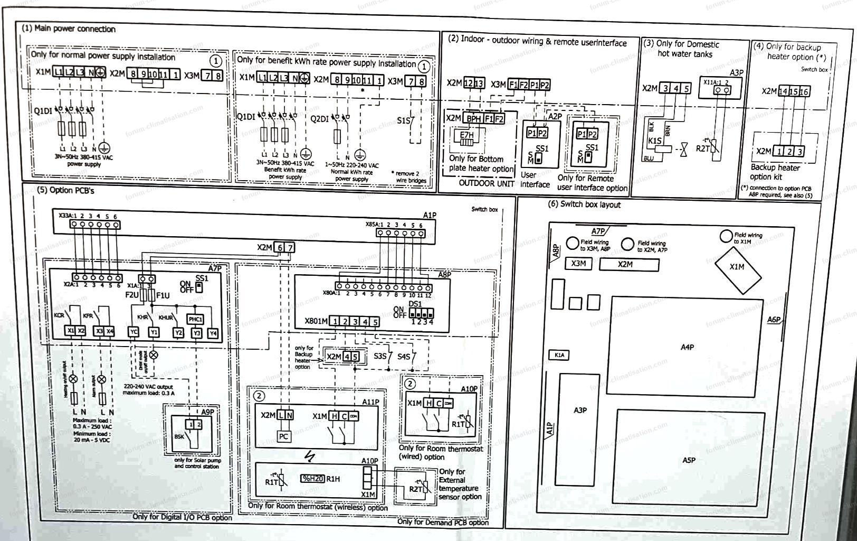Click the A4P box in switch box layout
tap(687, 347)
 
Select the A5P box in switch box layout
tap(689, 460)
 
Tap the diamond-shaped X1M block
tap(737, 267)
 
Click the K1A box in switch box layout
tap(559, 355)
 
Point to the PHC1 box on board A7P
tap(195, 319)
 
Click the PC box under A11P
tap(283, 436)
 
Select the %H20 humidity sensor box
tap(312, 479)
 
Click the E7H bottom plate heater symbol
tap(466, 135)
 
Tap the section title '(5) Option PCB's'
tap(65, 190)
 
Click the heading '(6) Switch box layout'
tap(585, 204)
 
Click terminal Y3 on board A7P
tap(196, 333)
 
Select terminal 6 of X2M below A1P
tap(280, 247)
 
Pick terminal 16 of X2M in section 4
tap(804, 91)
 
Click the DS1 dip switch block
tap(420, 312)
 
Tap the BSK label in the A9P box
tap(179, 437)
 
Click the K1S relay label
tap(654, 141)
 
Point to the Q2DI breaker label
tap(319, 118)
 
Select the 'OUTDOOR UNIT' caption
tap(486, 183)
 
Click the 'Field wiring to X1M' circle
tap(726, 237)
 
